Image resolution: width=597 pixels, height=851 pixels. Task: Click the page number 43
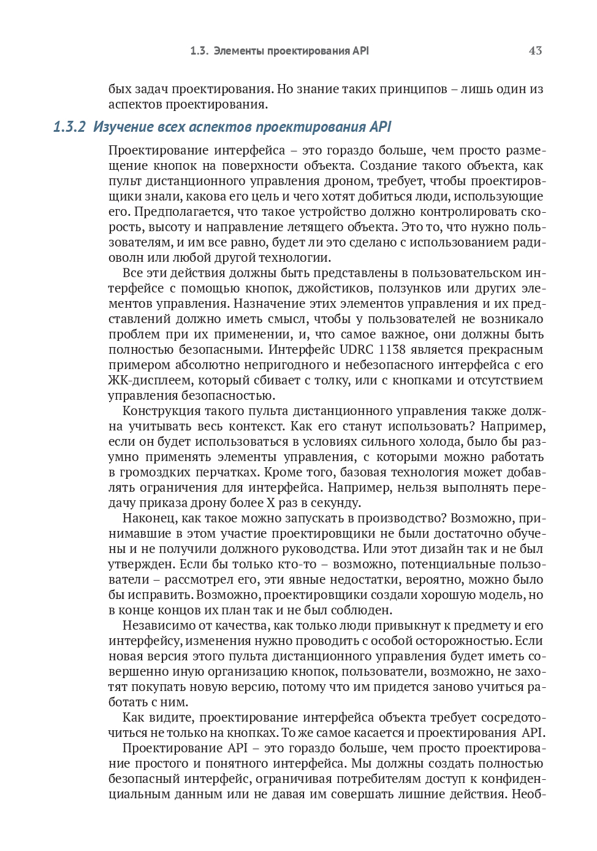click(534, 51)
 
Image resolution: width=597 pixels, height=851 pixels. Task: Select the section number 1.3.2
click(69, 127)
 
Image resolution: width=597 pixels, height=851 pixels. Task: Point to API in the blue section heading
click(380, 127)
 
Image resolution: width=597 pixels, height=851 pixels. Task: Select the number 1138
click(393, 349)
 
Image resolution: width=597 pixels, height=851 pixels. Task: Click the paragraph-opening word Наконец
click(150, 518)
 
